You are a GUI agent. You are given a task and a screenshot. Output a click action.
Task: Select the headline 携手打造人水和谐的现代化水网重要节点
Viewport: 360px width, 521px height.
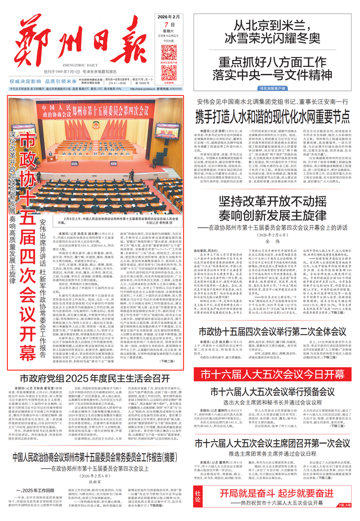click(272, 115)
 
